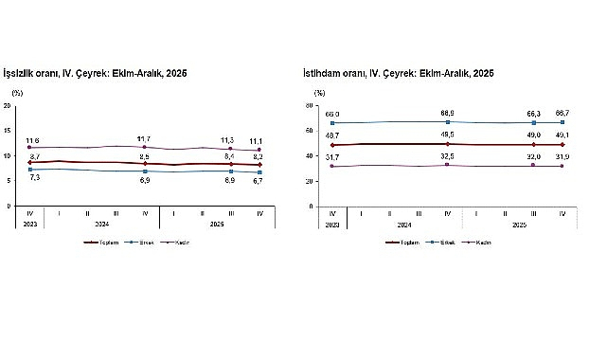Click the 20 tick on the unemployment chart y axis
8,104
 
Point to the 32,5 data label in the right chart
446,155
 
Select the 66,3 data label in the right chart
534,113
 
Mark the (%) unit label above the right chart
319,93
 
